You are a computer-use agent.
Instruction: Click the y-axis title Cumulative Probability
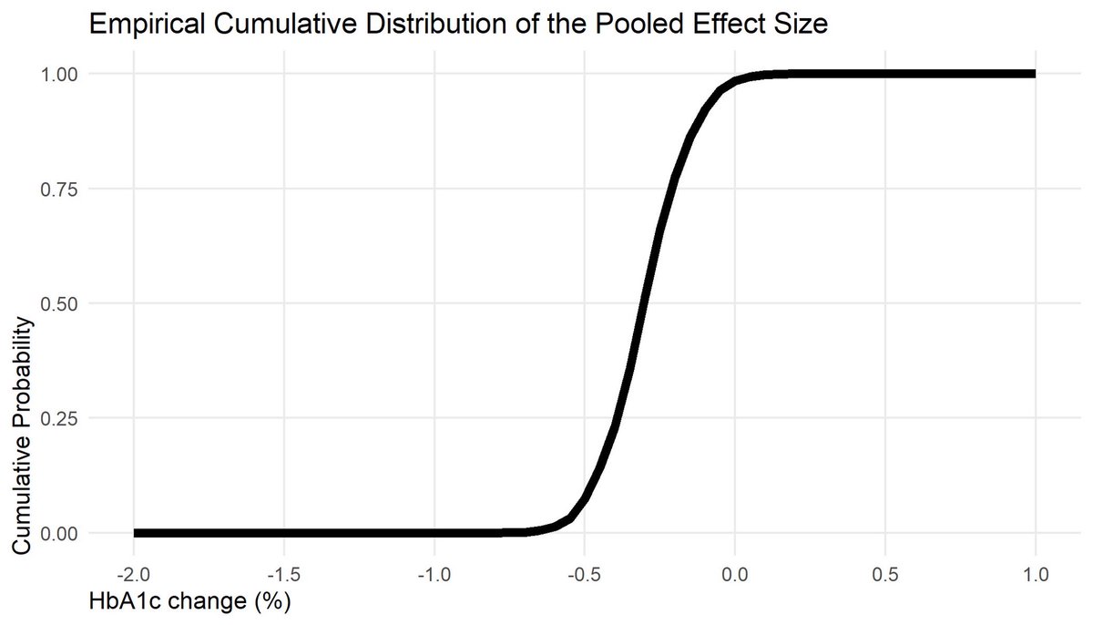pos(25,435)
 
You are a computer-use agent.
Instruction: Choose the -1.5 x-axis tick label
pos(283,576)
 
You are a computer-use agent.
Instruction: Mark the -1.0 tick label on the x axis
pos(434,576)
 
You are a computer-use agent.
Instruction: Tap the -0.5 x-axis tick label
pos(584,576)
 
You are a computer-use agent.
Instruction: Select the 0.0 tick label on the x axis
pos(735,576)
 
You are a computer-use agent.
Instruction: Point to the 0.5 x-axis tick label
pos(885,576)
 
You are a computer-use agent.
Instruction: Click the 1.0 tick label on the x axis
pos(1036,576)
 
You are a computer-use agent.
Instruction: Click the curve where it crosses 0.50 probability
pos(643,303)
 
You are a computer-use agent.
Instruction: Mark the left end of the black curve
pos(135,533)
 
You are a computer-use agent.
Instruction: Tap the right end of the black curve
pos(1034,74)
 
